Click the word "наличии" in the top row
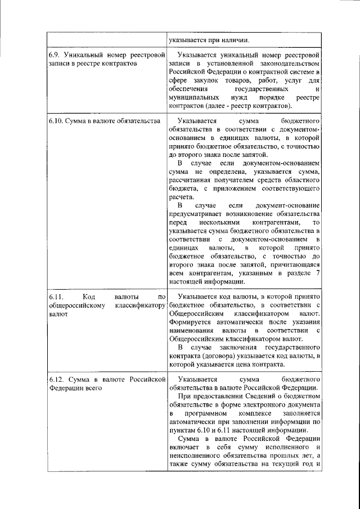click(x=235, y=39)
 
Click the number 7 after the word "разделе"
click(x=318, y=273)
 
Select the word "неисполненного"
click(x=195, y=456)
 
